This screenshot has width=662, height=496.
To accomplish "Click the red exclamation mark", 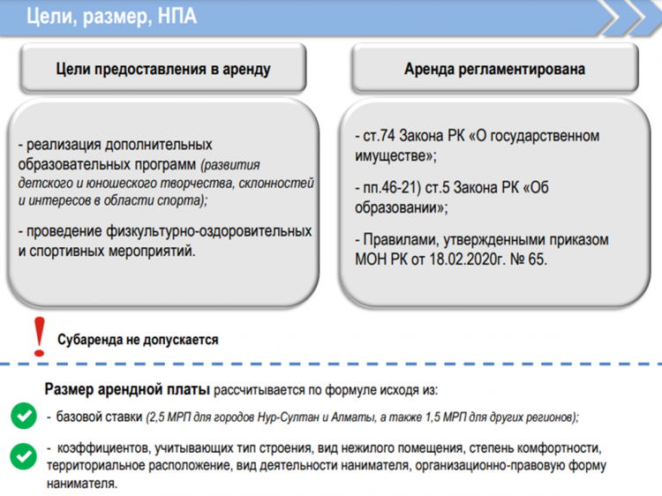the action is pyautogui.click(x=39, y=337).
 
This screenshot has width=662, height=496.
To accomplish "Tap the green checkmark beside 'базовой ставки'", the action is pyautogui.click(x=24, y=416).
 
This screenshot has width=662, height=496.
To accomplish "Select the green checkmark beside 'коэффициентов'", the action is pyautogui.click(x=24, y=456).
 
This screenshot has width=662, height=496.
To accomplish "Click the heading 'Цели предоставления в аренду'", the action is pyautogui.click(x=163, y=69).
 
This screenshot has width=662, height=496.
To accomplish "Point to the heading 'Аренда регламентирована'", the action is pyautogui.click(x=495, y=69).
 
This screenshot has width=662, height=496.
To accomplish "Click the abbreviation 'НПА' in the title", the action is pyautogui.click(x=177, y=17).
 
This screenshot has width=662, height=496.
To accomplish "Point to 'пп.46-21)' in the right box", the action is pyautogui.click(x=392, y=187).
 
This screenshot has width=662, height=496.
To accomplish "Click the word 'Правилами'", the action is pyautogui.click(x=399, y=240).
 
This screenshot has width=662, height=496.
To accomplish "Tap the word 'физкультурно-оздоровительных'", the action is pyautogui.click(x=209, y=231).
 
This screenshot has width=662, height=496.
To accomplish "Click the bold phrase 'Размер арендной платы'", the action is pyautogui.click(x=127, y=389).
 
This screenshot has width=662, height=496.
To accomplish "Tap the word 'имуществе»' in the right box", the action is pyautogui.click(x=395, y=156).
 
